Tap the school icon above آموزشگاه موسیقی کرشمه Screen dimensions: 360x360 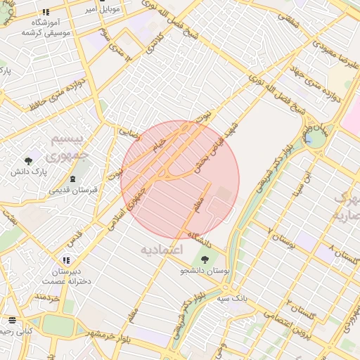[x=46, y=12]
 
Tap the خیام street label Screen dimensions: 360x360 [x=160, y=143]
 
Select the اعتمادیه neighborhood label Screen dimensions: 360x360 [x=161, y=250]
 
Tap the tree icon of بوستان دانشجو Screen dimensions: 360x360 [x=205, y=259]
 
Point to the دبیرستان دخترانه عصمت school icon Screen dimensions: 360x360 [x=66, y=260]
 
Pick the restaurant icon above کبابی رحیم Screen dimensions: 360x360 [x=12, y=319]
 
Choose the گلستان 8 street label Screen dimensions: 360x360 [x=337, y=255]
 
